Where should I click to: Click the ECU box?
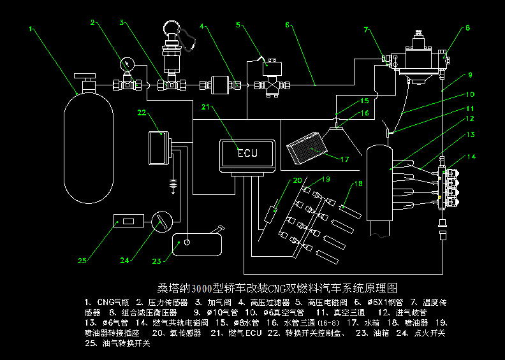tap(247, 154)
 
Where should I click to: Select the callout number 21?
tap(205, 106)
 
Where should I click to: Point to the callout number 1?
tap(31, 28)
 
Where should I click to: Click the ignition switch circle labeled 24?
tap(163, 222)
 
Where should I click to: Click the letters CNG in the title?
tap(279, 288)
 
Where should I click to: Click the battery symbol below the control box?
tap(172, 185)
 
